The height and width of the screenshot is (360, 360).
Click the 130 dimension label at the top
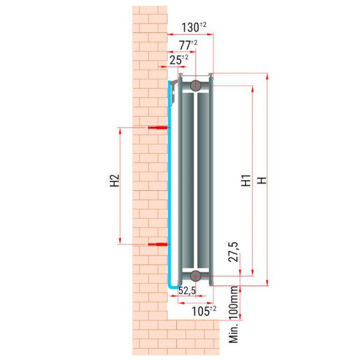(194, 27)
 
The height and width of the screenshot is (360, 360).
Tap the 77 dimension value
(188, 45)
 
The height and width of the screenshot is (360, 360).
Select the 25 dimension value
(179, 59)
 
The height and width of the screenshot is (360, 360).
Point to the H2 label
(115, 180)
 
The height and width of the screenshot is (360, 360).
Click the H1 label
(246, 180)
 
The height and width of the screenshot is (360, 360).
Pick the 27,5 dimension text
(233, 252)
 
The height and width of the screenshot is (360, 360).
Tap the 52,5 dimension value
(187, 290)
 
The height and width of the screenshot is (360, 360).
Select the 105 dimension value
(204, 311)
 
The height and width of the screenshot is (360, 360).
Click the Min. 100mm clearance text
(234, 315)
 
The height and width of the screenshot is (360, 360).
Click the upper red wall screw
(158, 127)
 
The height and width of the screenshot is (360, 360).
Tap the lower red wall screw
(158, 244)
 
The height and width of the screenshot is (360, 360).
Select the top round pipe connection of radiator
(196, 85)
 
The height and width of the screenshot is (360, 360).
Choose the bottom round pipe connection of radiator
(196, 276)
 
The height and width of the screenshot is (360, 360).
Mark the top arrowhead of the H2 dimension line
(119, 130)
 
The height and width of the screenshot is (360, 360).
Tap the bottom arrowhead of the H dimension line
(267, 282)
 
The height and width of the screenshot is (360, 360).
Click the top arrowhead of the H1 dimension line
(253, 89)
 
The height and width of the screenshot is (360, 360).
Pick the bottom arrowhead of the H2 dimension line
(119, 241)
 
